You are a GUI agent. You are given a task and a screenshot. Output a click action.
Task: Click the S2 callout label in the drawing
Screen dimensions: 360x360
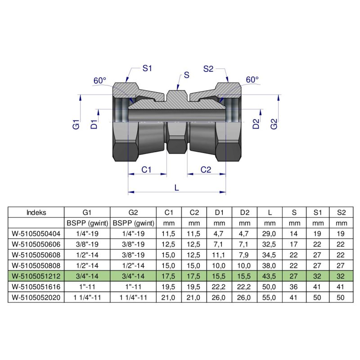208,69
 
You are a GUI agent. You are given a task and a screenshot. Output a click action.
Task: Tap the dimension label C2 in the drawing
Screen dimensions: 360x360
206,170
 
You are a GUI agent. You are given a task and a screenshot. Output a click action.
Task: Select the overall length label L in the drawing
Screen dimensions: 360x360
177,189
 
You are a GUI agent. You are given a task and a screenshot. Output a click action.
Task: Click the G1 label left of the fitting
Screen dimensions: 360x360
76,125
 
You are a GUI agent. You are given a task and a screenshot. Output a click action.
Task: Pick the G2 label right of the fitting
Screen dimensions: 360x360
274,125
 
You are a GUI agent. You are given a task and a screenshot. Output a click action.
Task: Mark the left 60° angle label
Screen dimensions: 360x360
100,81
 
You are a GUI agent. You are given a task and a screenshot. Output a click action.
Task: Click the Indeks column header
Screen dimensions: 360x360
36,212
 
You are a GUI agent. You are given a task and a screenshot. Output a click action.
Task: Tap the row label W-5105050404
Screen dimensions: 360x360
36,234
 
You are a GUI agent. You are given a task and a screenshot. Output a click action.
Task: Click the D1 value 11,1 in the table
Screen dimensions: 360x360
220,255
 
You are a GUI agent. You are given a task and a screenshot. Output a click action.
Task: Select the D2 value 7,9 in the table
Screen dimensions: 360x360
244,255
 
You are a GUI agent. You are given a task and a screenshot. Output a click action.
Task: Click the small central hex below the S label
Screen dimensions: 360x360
177,144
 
